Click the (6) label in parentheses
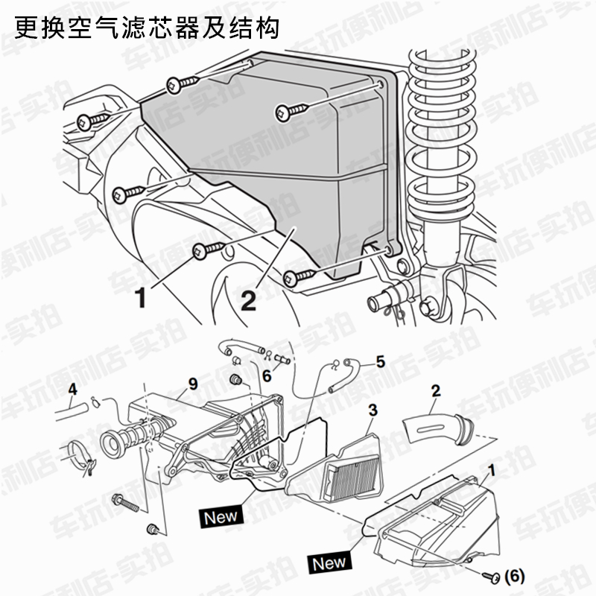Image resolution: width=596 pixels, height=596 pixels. pyautogui.click(x=515, y=576)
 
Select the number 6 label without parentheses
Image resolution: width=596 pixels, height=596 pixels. pyautogui.click(x=266, y=376)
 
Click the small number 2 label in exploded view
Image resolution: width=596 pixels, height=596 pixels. pyautogui.click(x=437, y=389)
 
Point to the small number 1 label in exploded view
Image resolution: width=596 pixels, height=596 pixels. pyautogui.click(x=491, y=469)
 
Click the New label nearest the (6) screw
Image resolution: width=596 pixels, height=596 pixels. pyautogui.click(x=329, y=562)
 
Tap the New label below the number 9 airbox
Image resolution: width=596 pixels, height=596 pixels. pyautogui.click(x=221, y=515)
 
